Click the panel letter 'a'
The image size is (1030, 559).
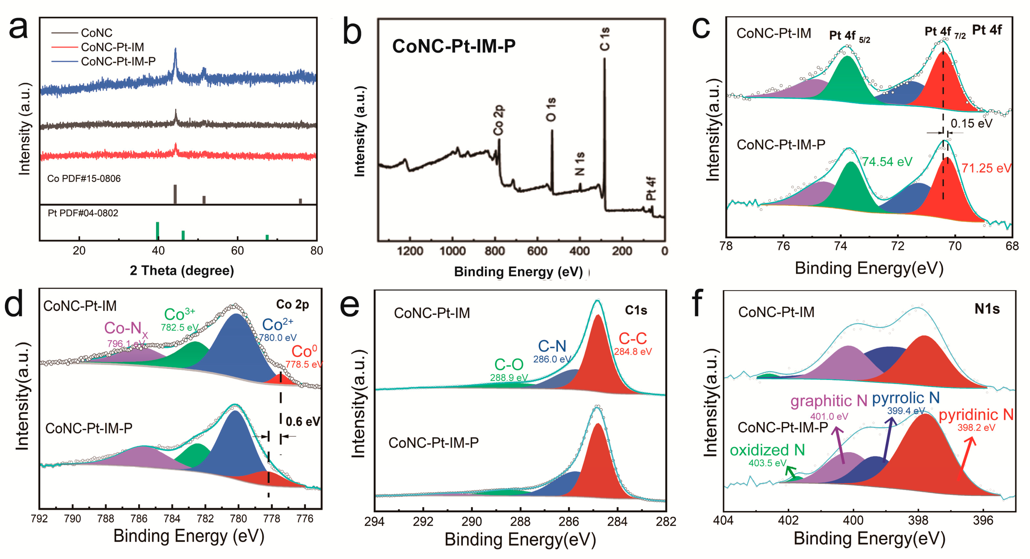coord(18,28)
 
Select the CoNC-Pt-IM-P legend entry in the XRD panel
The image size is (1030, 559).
coord(118,61)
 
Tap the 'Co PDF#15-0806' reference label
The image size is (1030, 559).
coord(84,179)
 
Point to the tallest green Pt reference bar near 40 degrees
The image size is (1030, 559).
coord(158,230)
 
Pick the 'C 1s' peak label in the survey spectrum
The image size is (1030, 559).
coord(605,39)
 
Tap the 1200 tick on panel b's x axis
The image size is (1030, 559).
coord(410,251)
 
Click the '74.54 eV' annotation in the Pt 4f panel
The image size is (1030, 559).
coord(887,162)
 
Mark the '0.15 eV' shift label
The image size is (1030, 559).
coord(971,123)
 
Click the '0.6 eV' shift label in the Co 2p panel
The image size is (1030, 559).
coord(303,421)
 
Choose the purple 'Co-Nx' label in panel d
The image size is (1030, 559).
coord(125,329)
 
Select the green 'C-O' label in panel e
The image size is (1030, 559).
coord(509,365)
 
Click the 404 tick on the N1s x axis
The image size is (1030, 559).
coord(723,521)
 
